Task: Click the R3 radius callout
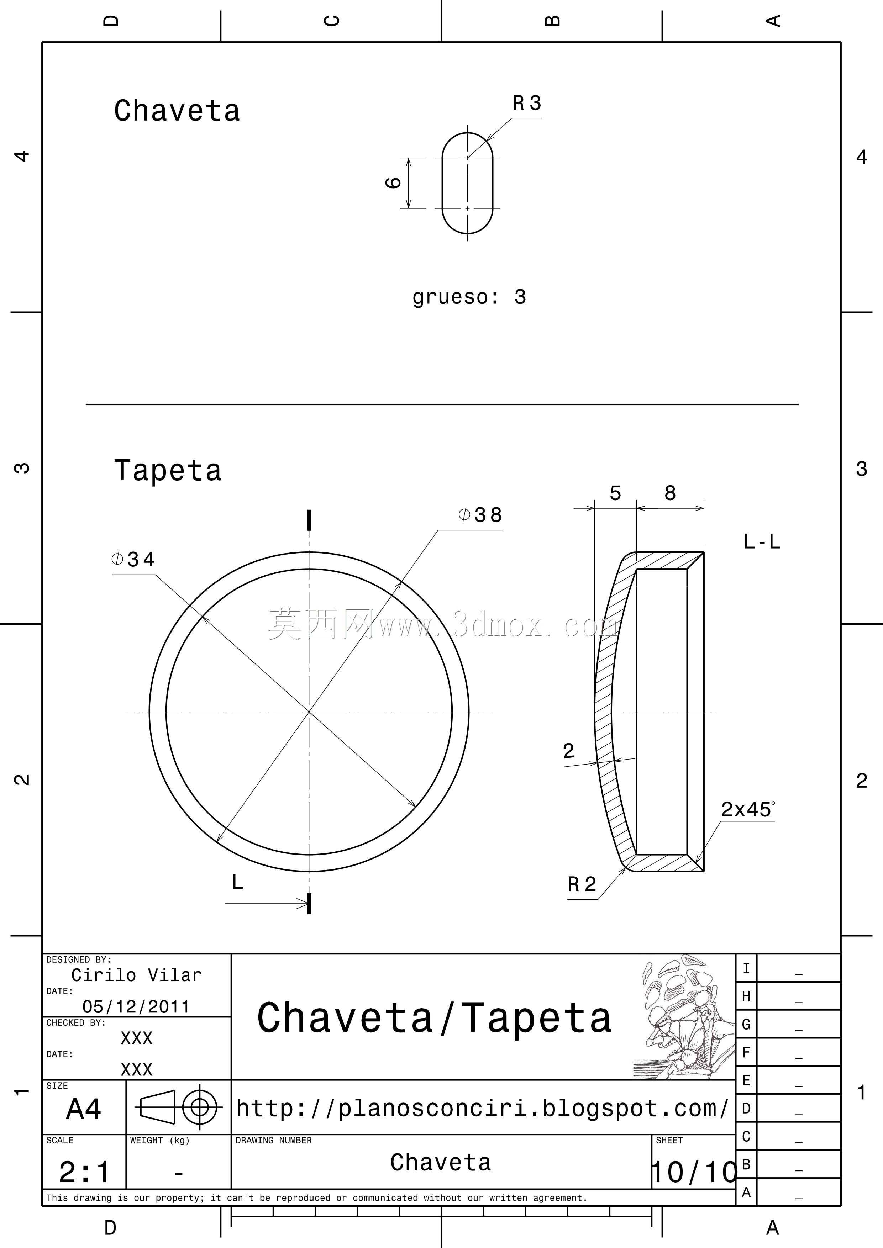(x=527, y=103)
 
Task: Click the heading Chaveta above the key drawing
(x=177, y=111)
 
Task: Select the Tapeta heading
(x=168, y=470)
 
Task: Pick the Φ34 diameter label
(x=133, y=559)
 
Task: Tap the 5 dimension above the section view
(x=615, y=493)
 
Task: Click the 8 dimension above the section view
(x=670, y=493)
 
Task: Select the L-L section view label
(x=762, y=541)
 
